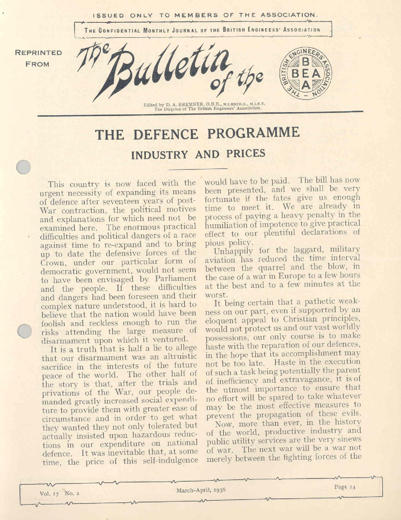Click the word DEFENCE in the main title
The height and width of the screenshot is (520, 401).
pos(165,134)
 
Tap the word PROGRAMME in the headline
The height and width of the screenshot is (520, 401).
pos(253,133)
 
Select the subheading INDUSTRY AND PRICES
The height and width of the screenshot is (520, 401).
pos(198,154)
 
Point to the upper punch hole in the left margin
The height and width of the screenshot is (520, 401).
pos(24,167)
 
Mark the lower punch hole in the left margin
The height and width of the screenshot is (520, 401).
pos(25,331)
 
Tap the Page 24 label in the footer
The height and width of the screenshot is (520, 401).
pos(345,487)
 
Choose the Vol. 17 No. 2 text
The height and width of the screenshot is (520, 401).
pos(59,493)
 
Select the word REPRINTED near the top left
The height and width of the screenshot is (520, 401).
pos(38,53)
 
